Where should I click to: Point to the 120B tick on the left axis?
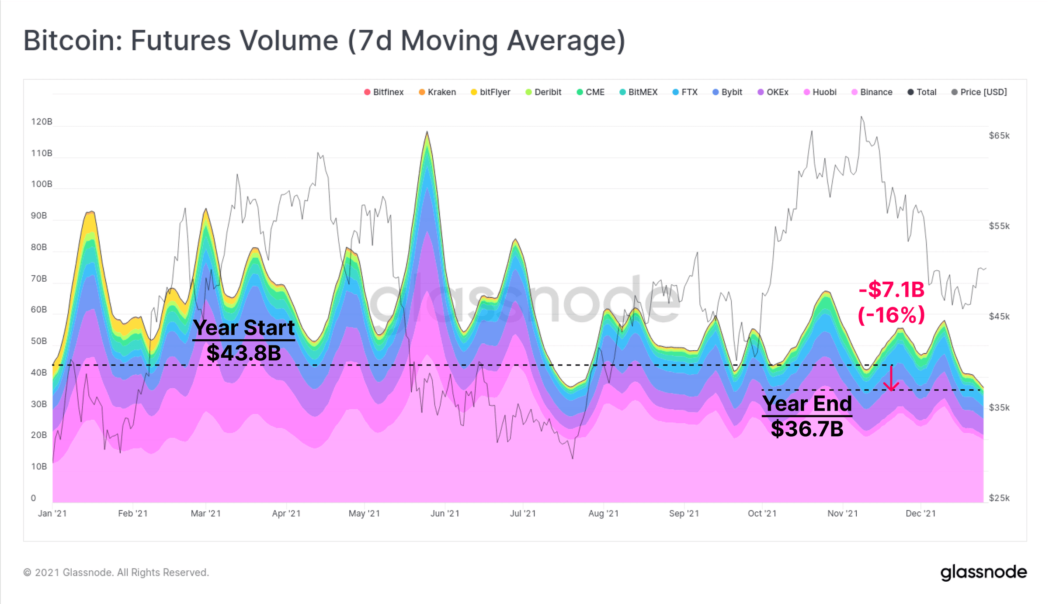(x=42, y=121)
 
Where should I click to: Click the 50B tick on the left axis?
(x=39, y=341)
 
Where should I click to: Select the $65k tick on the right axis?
(x=999, y=136)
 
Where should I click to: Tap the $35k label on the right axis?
(x=999, y=407)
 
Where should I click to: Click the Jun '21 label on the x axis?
(x=445, y=514)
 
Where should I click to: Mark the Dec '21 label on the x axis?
(x=920, y=514)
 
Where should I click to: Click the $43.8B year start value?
(x=243, y=353)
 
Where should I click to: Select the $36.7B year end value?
(x=807, y=429)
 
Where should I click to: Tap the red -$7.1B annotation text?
(x=892, y=290)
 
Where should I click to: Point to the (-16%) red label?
(x=892, y=315)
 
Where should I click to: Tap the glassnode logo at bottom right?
(x=983, y=572)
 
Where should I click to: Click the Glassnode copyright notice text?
(x=116, y=573)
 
